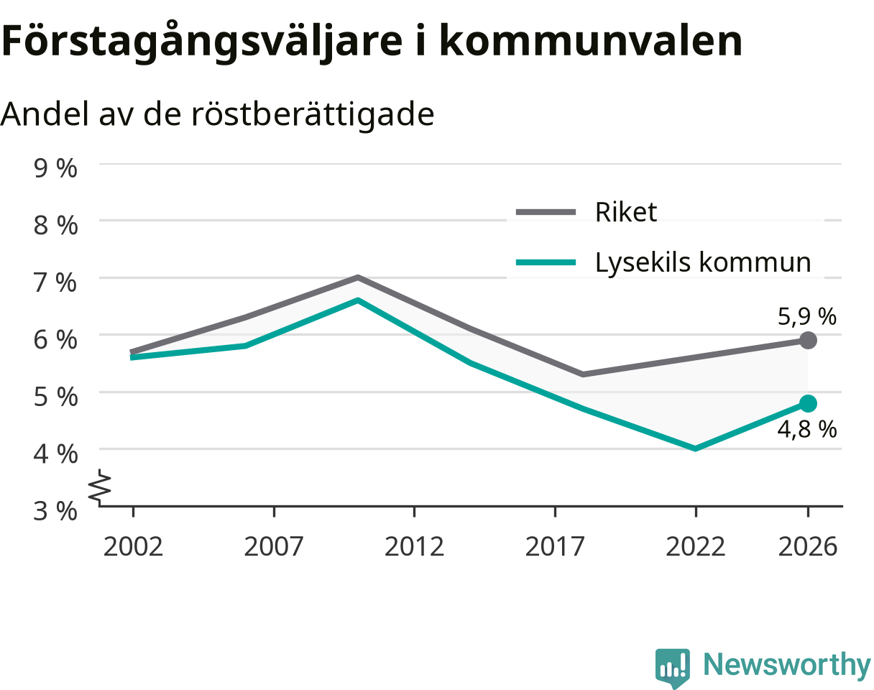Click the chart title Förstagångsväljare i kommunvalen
point(372,41)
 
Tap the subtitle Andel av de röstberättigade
point(217,114)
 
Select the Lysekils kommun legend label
point(703,263)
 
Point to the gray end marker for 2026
point(808,341)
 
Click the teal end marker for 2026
point(808,404)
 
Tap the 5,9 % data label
point(807,317)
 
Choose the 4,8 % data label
point(807,429)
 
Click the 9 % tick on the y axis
point(55,168)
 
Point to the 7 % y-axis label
point(55,282)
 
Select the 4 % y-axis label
point(55,454)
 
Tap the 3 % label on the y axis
point(55,511)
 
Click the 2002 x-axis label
point(133,547)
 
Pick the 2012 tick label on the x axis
point(414,547)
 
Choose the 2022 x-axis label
point(695,547)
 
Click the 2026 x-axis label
point(808,547)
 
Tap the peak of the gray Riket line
point(358,277)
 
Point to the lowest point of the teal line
point(696,448)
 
